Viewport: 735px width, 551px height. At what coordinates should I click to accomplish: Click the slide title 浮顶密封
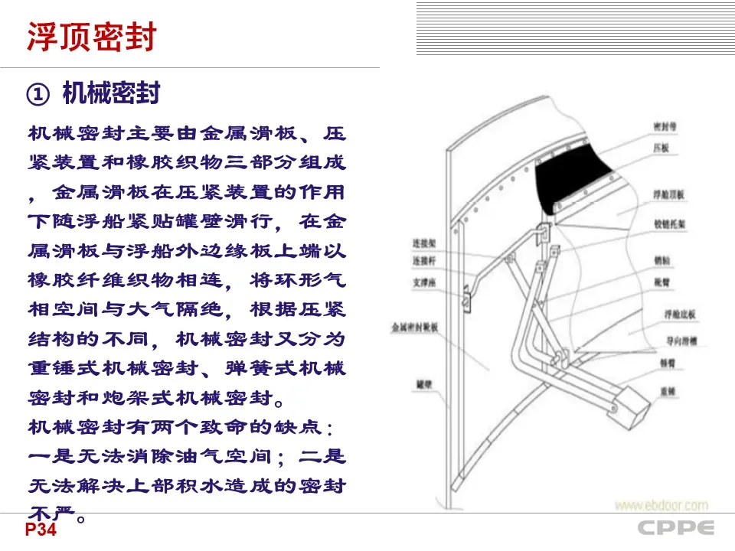[x=92, y=37]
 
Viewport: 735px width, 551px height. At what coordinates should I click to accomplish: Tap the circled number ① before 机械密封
[x=38, y=94]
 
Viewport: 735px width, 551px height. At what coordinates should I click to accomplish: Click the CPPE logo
[x=676, y=528]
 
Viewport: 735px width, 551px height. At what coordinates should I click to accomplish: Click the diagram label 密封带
[x=665, y=125]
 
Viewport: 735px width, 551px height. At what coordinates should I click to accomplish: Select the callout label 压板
[x=661, y=148]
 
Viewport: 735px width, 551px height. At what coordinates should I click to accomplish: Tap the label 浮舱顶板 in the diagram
[x=668, y=196]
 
